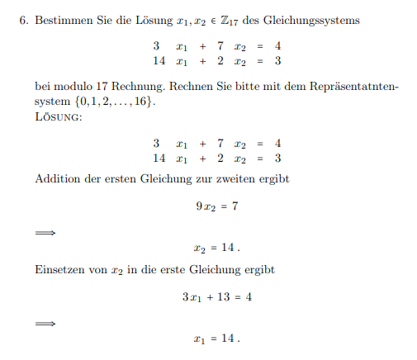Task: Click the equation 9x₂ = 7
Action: (216, 206)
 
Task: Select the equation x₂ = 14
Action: (216, 247)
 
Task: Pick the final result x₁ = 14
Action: (216, 338)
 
